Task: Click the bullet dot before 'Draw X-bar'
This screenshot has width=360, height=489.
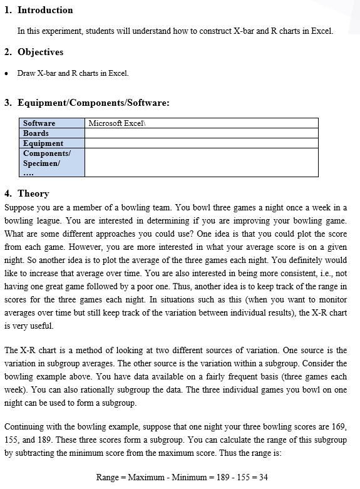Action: click(x=6, y=74)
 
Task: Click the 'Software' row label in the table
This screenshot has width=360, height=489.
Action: click(x=39, y=123)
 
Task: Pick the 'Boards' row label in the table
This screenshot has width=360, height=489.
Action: click(x=36, y=133)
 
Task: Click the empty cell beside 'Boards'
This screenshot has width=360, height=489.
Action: click(x=201, y=133)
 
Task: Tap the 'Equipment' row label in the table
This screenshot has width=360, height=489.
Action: click(x=43, y=143)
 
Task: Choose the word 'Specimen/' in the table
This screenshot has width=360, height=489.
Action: click(x=41, y=163)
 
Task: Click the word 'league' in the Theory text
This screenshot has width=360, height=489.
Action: click(x=57, y=221)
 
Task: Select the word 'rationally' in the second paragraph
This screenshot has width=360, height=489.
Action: click(x=120, y=390)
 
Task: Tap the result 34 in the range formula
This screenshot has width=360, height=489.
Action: click(x=263, y=477)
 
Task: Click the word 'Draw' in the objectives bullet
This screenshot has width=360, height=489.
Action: click(x=26, y=74)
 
